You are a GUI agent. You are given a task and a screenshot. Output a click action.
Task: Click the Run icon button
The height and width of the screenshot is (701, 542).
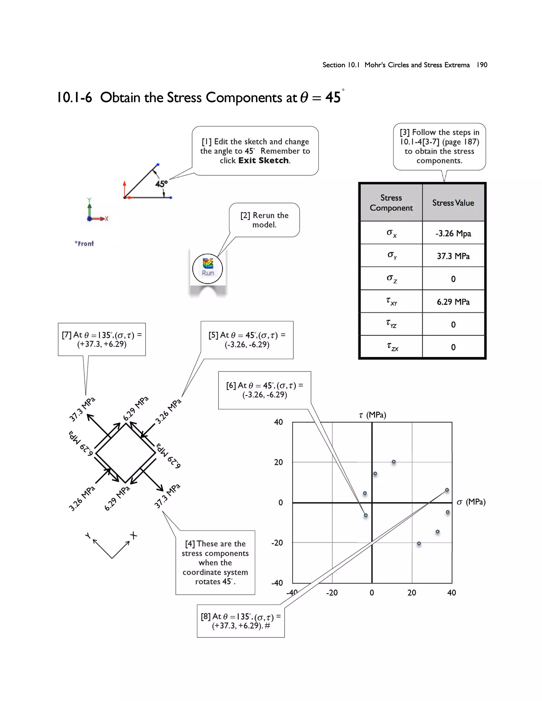coord(207,268)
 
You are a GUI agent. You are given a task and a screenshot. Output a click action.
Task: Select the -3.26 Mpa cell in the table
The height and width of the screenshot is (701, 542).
coord(453,233)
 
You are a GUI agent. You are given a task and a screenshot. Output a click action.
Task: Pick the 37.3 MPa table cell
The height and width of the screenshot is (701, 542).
coord(453,256)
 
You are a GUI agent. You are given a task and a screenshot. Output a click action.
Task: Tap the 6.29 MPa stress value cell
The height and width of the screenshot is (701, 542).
coord(453,302)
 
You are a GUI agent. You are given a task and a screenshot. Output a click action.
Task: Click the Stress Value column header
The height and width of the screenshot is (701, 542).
coord(453,203)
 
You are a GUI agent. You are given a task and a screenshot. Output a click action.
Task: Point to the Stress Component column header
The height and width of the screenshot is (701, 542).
coord(391,203)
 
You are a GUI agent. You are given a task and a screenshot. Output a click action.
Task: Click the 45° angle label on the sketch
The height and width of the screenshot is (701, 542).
coord(161,184)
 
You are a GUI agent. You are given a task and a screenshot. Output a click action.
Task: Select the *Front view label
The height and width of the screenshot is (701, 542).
coord(84,244)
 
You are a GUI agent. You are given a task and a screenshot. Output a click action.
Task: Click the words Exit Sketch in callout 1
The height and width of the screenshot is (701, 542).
coord(263,161)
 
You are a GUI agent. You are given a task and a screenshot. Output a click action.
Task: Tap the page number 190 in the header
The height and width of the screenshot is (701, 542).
coord(482,65)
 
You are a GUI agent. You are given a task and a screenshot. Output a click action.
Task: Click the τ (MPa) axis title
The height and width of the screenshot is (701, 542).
coord(372,415)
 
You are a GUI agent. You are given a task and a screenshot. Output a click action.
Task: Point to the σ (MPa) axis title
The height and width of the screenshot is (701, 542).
coord(471,502)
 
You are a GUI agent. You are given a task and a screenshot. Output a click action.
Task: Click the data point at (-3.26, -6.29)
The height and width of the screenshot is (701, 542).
coord(366,515)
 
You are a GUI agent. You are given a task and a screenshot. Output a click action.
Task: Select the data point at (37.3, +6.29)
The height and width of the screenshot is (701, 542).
coord(447,490)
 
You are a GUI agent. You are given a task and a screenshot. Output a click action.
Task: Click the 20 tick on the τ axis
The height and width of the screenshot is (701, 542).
coord(278,462)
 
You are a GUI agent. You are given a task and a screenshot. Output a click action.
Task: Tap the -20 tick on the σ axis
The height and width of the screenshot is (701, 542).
coord(332,593)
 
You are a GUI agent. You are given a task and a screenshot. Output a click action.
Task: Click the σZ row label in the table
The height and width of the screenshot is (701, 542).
coord(391,278)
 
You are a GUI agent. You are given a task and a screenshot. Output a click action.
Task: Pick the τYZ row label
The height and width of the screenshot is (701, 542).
coord(391,324)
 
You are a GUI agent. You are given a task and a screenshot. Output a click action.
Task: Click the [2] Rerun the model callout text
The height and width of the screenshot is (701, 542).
coord(264,220)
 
